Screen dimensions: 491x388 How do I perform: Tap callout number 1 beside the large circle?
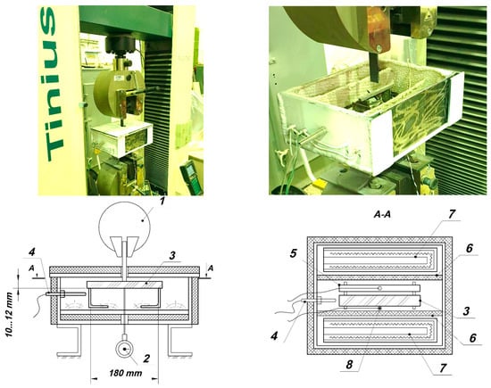click(162, 201)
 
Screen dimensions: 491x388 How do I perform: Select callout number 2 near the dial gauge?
click(146, 359)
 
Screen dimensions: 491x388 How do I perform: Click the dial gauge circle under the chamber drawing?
click(125, 349)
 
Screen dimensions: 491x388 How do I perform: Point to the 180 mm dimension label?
click(125, 373)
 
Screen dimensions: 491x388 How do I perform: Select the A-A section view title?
click(383, 215)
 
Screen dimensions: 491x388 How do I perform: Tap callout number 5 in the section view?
click(293, 253)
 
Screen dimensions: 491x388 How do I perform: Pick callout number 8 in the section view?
click(349, 364)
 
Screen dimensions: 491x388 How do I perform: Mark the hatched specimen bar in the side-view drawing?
click(125, 285)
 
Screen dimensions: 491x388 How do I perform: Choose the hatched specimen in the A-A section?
click(379, 301)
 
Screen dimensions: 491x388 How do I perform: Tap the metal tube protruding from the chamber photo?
click(312, 136)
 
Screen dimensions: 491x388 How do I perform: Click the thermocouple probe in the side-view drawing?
click(65, 293)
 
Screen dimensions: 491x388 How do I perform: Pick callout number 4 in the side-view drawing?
click(32, 252)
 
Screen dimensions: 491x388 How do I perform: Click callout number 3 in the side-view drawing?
click(171, 256)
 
